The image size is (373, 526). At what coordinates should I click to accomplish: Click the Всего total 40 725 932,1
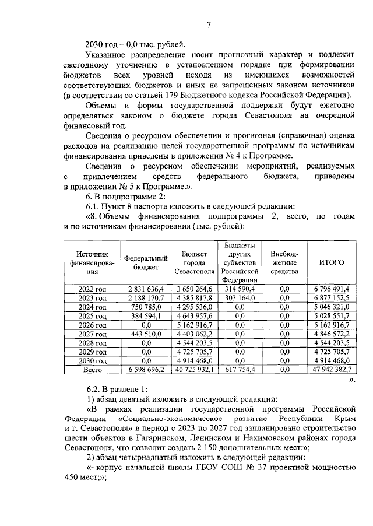(x=193, y=369)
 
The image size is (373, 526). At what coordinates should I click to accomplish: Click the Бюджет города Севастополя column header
(x=193, y=262)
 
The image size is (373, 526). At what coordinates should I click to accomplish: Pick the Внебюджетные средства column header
(x=284, y=262)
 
